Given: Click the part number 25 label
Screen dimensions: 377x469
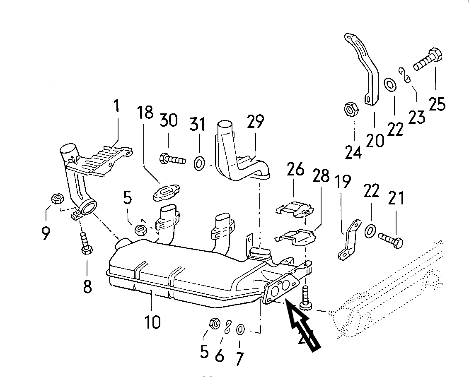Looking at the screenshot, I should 437,103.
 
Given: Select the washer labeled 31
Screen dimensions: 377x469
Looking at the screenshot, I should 199,163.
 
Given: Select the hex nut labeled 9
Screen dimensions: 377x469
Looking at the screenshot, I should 56,200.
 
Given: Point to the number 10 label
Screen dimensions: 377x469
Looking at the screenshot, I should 152,322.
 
